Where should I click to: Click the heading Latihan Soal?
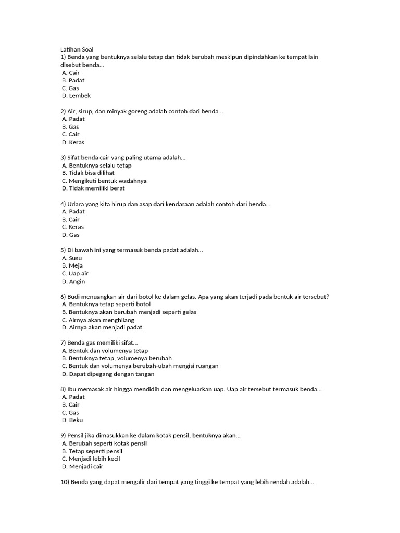coord(77,49)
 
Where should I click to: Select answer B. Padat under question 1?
coord(73,80)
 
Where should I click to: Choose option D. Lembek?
coord(76,96)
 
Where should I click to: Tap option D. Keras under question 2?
coord(73,142)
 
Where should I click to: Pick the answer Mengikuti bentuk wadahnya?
coord(104,181)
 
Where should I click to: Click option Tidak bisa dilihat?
coord(88,173)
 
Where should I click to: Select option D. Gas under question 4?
coord(70,235)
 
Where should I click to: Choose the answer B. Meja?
coord(72,265)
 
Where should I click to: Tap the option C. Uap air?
coord(75,273)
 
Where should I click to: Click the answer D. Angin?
coord(73,281)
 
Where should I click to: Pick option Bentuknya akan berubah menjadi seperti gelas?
coord(129,312)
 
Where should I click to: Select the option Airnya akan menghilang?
coord(98,320)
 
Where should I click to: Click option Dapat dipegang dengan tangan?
coord(108,374)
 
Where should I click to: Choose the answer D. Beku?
coord(72,420)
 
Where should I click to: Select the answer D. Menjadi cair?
coord(82,466)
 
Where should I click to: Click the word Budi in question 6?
coord(75,297)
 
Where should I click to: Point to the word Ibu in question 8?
coord(72,389)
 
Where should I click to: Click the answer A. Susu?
coord(72,258)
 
